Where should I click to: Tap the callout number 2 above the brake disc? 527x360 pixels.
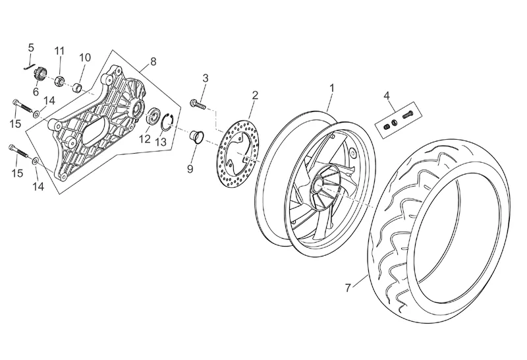(255, 95)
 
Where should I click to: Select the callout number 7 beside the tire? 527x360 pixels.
(348, 287)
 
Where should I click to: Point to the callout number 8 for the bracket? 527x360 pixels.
(153, 61)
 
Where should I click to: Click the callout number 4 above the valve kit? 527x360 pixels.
(387, 96)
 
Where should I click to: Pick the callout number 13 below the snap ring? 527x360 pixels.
(161, 142)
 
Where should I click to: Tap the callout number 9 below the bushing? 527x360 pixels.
(190, 169)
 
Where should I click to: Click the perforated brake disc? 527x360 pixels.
(237, 153)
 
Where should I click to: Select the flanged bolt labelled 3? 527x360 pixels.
(198, 104)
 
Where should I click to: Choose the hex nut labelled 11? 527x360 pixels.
(60, 80)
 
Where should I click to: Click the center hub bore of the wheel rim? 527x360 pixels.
(318, 183)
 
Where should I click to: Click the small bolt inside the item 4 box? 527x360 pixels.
(407, 114)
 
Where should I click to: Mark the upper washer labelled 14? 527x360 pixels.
(36, 115)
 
